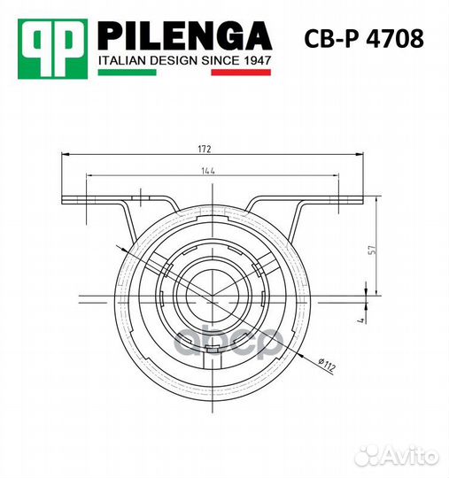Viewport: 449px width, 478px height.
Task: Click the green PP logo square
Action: click(x=53, y=49)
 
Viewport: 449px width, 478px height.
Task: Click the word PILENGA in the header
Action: click(x=185, y=36)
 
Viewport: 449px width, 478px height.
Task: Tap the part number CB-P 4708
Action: click(x=364, y=38)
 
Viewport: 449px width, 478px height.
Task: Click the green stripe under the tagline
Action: click(x=127, y=73)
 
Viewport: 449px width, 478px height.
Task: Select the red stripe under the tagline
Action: click(x=241, y=73)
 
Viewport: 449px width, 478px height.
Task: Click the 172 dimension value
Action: click(x=205, y=149)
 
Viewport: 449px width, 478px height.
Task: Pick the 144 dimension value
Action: click(x=208, y=171)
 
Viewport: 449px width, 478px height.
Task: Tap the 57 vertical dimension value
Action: click(x=374, y=250)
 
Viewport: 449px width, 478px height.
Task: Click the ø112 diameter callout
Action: click(x=327, y=365)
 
